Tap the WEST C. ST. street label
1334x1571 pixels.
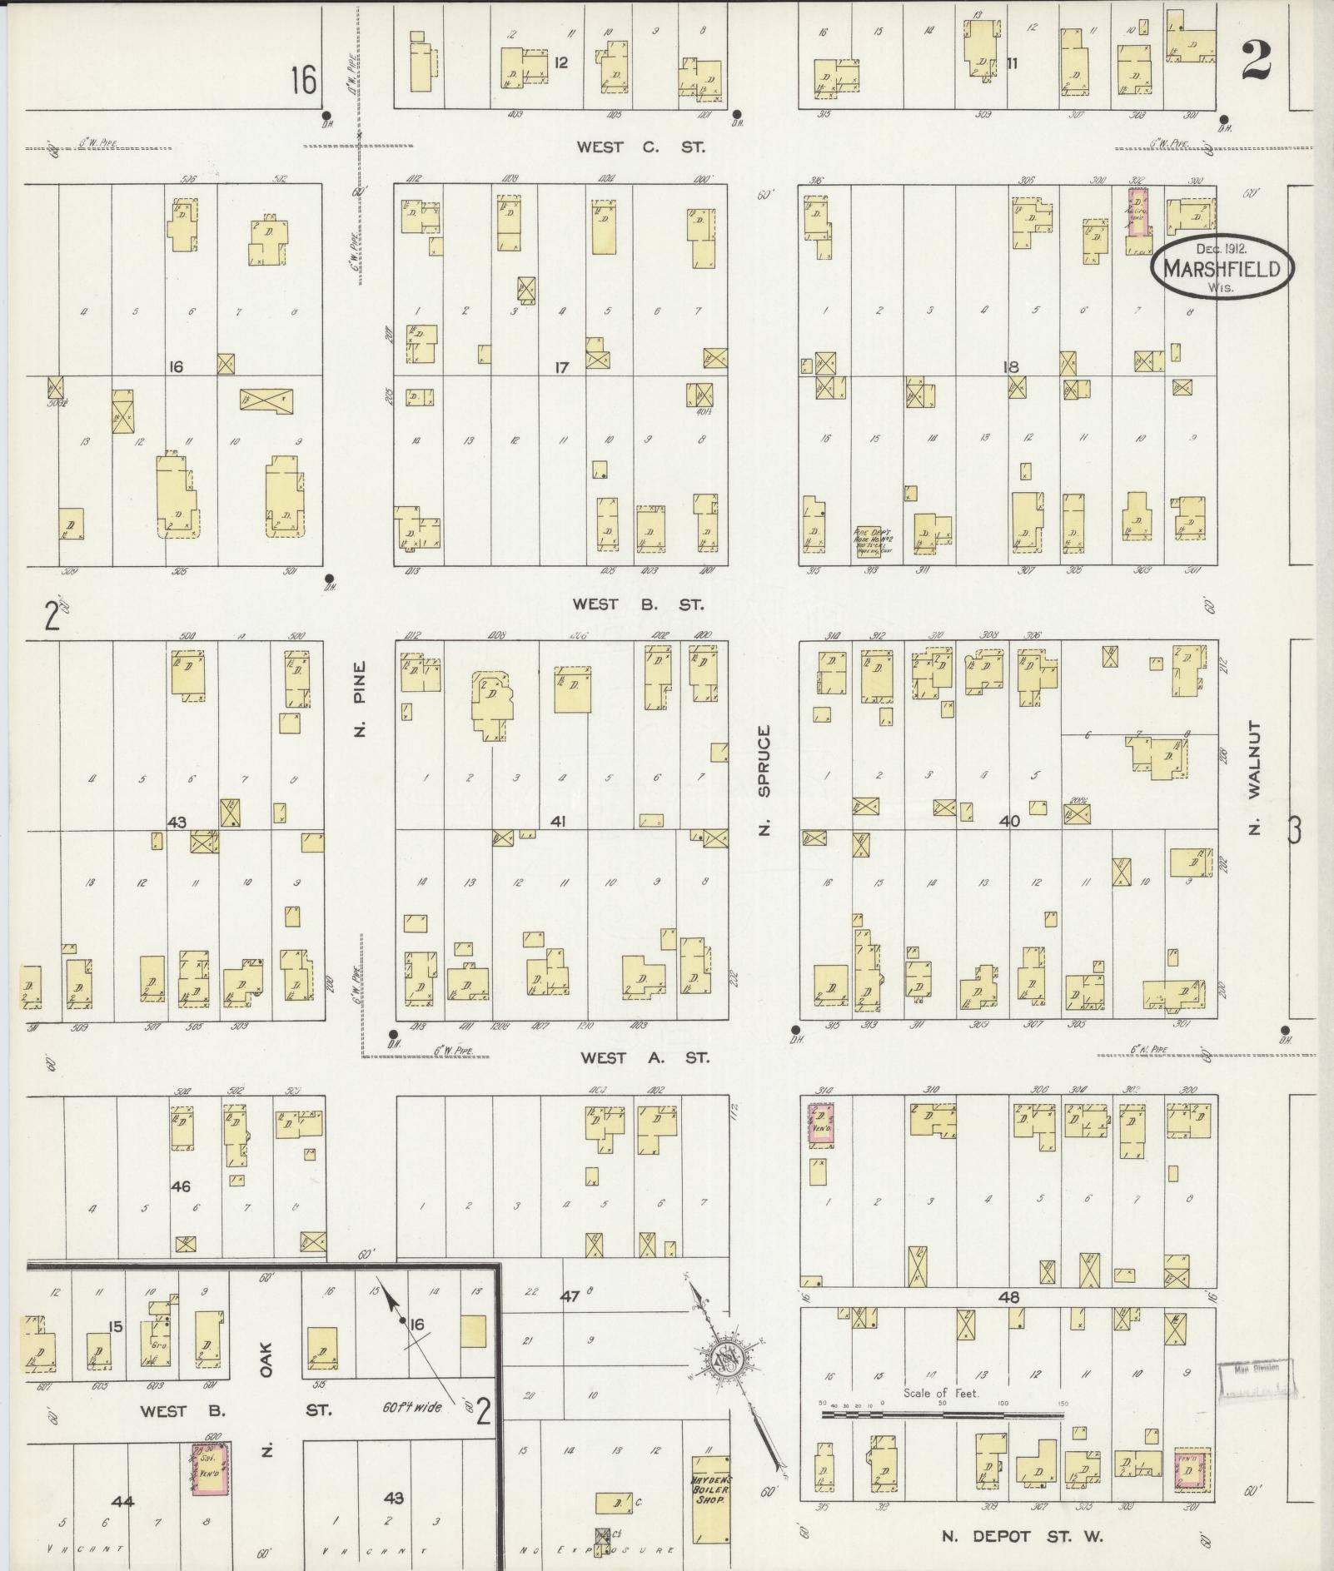tap(641, 147)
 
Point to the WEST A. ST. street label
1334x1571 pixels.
tap(645, 1057)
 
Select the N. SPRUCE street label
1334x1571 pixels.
tap(764, 779)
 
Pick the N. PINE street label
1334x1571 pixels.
tap(360, 699)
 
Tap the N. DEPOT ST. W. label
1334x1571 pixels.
tap(1022, 1536)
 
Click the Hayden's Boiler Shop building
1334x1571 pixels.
tap(710, 1498)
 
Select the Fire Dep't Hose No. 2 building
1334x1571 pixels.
tap(872, 541)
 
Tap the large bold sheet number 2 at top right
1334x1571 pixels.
tap(1257, 60)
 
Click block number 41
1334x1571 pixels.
tap(558, 822)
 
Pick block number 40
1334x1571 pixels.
tap(1009, 821)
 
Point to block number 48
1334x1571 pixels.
tap(1011, 1297)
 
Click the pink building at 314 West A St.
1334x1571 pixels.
tap(820, 1125)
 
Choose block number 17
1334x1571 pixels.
tap(562, 366)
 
